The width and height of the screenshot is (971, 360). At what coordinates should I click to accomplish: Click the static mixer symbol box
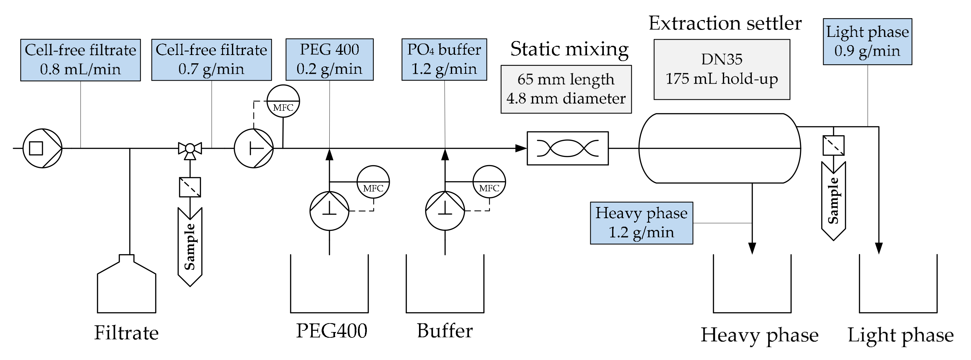567,148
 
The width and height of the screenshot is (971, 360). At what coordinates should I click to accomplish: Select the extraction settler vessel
719,148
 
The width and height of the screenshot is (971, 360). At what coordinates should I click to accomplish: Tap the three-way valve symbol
190,149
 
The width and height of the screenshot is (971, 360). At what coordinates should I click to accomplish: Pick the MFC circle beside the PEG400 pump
373,182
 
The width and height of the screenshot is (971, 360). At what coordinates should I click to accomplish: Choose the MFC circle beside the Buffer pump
489,182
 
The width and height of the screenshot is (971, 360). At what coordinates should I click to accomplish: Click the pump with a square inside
42,148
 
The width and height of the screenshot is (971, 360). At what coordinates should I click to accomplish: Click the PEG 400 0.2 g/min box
330,59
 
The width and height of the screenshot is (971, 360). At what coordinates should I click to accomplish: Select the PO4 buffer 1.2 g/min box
444,59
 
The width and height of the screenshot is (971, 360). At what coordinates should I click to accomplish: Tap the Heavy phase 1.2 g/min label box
641,223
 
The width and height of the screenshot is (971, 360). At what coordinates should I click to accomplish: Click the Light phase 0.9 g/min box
867,41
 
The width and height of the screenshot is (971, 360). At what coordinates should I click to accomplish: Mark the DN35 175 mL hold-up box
722,69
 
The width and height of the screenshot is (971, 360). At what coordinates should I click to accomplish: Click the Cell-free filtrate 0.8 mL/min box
80,60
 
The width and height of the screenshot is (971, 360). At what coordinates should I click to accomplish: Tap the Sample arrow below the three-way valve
190,247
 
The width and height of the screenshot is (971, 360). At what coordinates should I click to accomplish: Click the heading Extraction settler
724,23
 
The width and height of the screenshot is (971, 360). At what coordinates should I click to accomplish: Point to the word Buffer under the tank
444,331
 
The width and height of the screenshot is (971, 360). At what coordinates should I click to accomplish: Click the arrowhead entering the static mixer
521,148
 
